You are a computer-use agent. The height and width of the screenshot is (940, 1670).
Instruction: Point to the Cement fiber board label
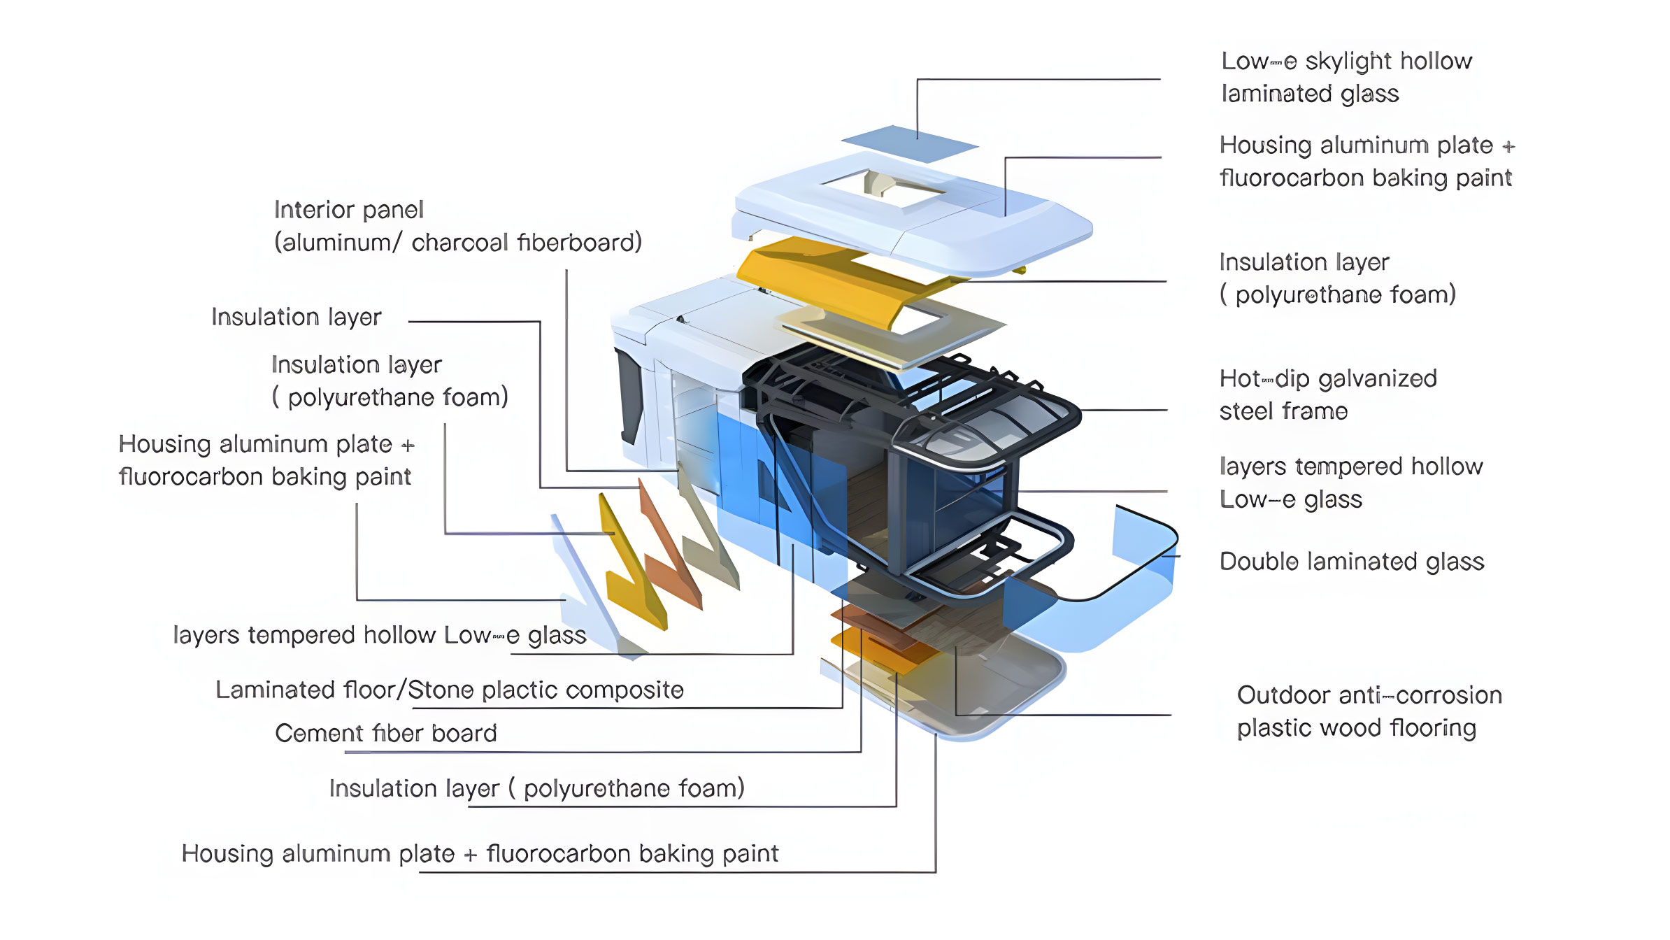(x=385, y=733)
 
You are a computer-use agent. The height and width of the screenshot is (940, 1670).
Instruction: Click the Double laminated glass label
(x=1351, y=562)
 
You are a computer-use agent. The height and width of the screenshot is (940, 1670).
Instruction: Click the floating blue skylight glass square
(x=909, y=143)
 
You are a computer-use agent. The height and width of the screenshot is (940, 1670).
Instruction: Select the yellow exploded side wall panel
(x=633, y=567)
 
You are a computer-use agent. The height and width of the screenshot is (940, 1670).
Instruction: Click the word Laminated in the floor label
(x=276, y=690)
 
